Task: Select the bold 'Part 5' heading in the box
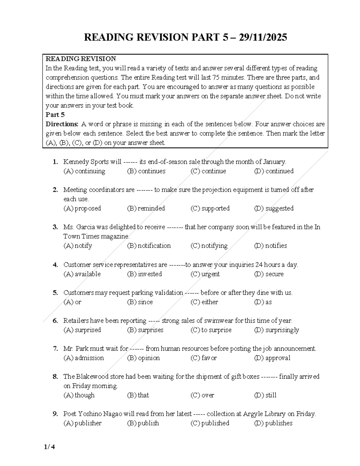(x=55, y=115)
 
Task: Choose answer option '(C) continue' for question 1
(x=208, y=171)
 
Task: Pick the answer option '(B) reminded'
(x=146, y=208)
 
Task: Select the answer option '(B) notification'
(x=149, y=245)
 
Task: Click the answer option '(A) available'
(x=82, y=274)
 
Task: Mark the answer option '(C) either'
(x=204, y=302)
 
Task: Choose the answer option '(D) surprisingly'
(x=277, y=330)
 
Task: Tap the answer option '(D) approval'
(x=272, y=358)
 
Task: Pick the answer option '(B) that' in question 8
(x=138, y=395)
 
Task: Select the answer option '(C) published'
(x=210, y=423)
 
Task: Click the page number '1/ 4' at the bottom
(x=49, y=447)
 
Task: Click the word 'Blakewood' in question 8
(x=92, y=376)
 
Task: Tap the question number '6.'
(x=55, y=320)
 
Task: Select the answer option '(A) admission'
(x=84, y=358)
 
